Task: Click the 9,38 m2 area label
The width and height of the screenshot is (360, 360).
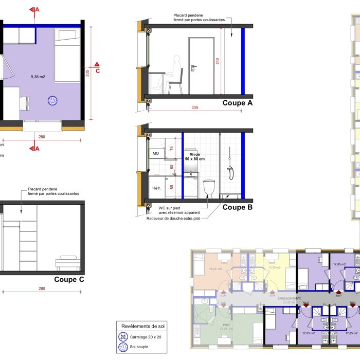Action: tap(38, 77)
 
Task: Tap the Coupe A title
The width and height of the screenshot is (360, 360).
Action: tap(238, 103)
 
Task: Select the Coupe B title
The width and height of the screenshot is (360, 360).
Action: tap(238, 207)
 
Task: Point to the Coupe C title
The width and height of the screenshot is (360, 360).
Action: tap(69, 280)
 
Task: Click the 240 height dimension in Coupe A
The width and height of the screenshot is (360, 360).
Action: tap(218, 61)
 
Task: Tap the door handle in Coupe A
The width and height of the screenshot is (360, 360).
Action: tap(193, 67)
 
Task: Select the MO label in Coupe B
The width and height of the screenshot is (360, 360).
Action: tap(156, 154)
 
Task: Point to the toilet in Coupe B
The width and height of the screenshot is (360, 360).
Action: tap(209, 188)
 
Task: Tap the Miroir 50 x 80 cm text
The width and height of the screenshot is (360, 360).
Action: tap(195, 156)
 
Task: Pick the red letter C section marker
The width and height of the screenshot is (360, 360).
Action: tap(97, 71)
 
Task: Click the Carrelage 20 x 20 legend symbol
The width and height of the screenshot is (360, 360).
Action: tap(123, 337)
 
